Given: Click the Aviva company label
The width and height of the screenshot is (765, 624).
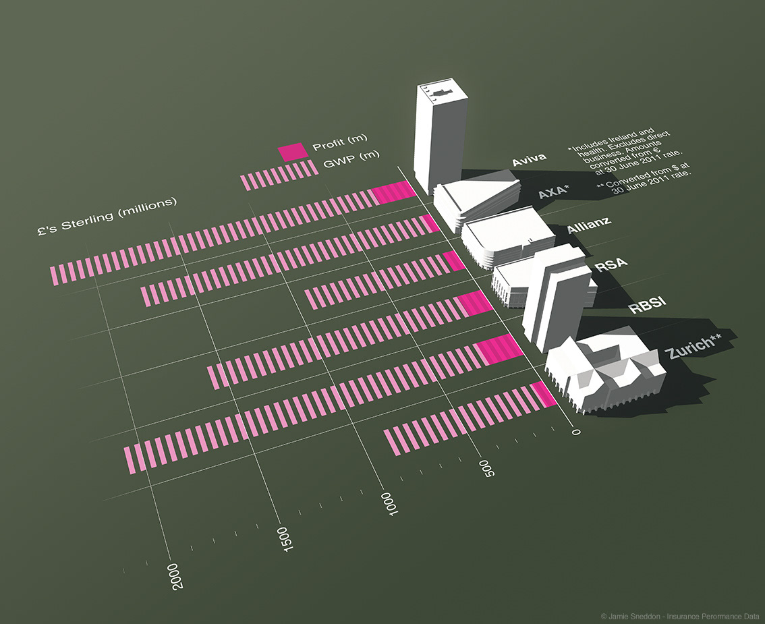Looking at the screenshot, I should coord(529,161).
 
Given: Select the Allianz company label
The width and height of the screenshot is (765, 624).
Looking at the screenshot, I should coord(589,227).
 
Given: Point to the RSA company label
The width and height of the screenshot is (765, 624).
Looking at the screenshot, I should coord(611,264).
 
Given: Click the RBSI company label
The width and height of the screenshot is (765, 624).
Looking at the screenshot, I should coord(648,305).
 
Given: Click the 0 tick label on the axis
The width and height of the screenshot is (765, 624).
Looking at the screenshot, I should coord(575,432).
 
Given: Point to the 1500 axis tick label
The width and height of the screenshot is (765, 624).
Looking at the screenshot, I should coord(287,539).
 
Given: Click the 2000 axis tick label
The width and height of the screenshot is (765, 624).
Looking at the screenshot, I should coord(177,575).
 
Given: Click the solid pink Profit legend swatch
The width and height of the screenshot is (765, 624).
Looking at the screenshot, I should coord(293,152).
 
